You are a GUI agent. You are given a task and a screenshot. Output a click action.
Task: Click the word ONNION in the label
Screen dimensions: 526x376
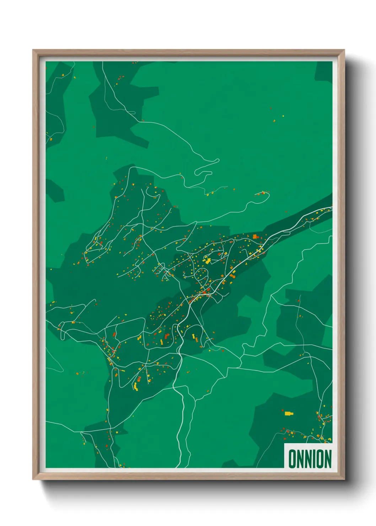pos(310,458)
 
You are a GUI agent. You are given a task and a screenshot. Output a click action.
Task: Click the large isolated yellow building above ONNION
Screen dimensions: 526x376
pos(288,413)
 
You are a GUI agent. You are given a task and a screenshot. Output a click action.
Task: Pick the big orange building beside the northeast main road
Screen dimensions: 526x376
pos(254,236)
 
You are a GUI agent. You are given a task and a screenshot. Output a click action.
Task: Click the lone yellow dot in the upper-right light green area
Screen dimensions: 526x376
pos(283,116)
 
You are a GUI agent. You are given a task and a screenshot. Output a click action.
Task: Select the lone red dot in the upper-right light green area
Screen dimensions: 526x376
pos(271,108)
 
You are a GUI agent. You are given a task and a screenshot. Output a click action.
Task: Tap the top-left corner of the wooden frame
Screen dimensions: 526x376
pos(33,50)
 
